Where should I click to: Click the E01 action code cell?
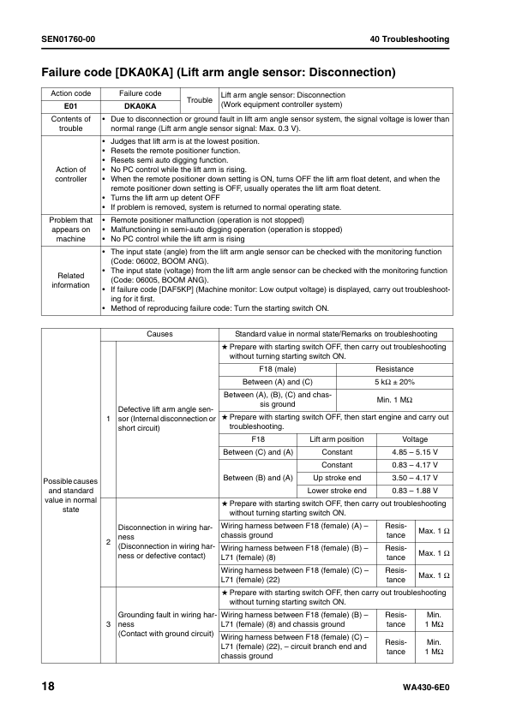(71, 105)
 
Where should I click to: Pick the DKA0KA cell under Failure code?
(140, 105)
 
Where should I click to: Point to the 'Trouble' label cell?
(200, 99)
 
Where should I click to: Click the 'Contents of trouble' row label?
(71, 123)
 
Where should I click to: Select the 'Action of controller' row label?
(71, 174)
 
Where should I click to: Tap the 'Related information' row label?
(71, 280)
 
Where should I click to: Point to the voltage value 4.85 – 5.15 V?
(415, 451)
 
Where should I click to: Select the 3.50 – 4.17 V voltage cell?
(415, 477)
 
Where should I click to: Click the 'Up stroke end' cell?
(337, 477)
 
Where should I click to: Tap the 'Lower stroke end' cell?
(337, 491)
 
